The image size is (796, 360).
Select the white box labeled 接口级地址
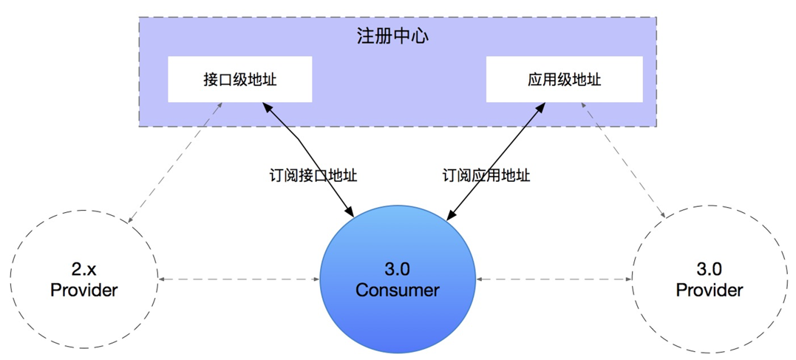(x=239, y=79)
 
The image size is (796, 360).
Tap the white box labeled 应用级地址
(x=564, y=79)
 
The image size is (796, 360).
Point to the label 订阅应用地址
(x=486, y=176)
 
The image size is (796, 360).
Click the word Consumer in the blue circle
(x=397, y=290)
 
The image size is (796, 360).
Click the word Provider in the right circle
(x=709, y=290)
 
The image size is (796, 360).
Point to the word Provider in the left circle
(x=84, y=290)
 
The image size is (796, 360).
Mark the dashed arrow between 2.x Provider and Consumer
(x=239, y=279)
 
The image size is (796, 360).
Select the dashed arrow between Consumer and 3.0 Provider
(x=554, y=279)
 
